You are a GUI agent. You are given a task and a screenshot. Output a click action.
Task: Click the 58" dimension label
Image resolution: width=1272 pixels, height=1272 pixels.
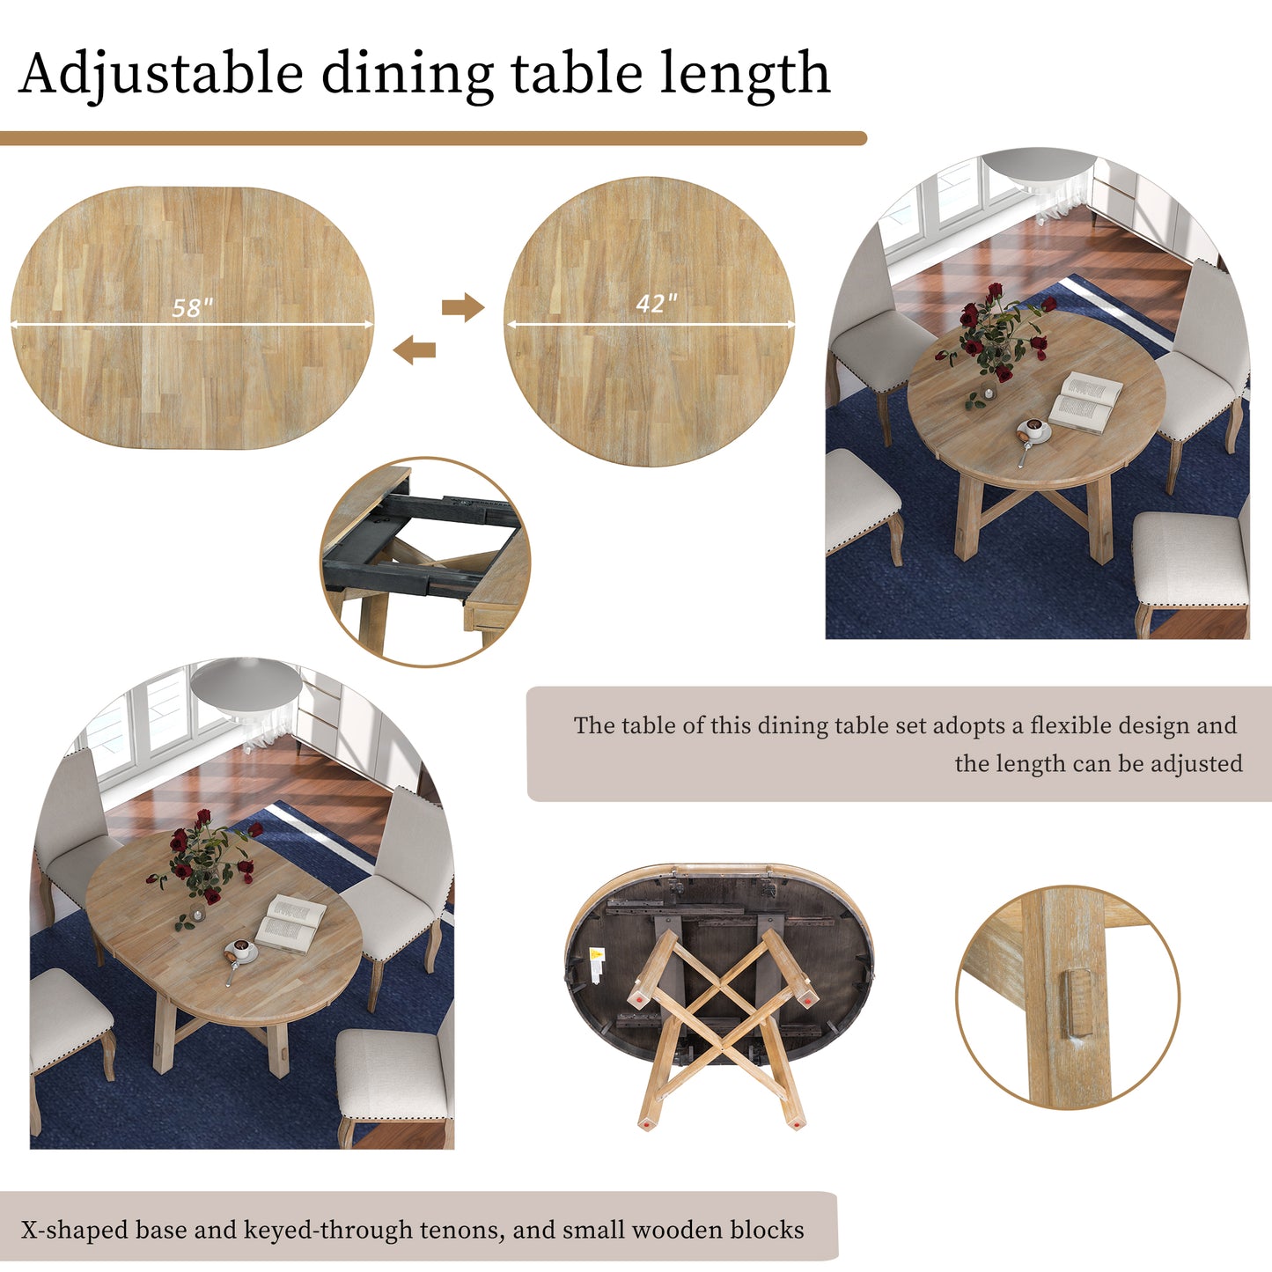(x=192, y=307)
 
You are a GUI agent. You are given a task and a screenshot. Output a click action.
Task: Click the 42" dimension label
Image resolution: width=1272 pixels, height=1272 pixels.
(x=657, y=303)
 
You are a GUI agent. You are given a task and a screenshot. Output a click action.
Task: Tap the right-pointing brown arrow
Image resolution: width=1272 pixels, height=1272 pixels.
(x=463, y=307)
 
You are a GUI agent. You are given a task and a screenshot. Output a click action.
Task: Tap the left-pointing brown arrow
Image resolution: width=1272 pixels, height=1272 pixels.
(x=415, y=350)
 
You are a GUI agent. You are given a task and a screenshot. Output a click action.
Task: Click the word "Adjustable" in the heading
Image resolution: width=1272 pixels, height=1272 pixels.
(x=160, y=74)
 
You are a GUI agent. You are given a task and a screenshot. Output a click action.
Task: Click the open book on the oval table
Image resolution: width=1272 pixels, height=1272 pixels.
(x=290, y=923)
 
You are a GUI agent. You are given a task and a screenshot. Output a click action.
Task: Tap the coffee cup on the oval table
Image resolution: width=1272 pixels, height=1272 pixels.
(x=239, y=951)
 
